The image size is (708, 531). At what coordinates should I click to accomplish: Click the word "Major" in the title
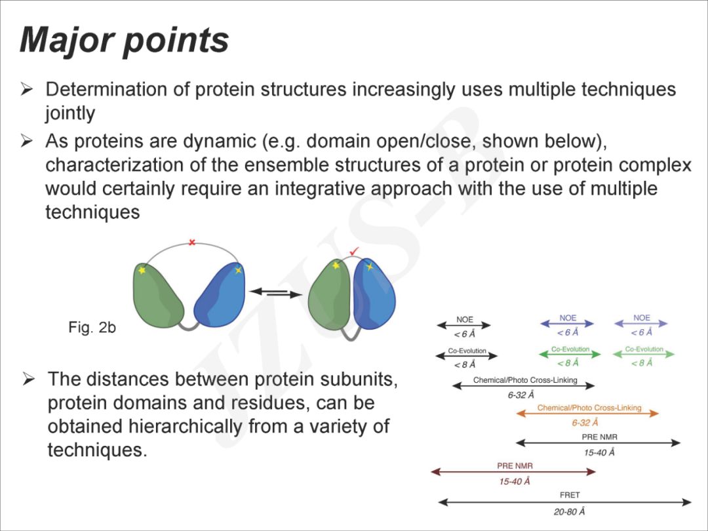click(67, 41)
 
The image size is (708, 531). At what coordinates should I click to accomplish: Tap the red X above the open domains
click(192, 243)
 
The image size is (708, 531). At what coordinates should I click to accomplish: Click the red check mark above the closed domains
click(354, 250)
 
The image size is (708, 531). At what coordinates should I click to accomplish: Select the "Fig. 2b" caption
click(92, 327)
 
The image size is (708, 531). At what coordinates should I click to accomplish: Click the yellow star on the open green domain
click(142, 270)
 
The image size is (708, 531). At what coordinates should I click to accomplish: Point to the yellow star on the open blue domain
click(238, 270)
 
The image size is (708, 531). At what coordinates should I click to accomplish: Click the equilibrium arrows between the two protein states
click(275, 293)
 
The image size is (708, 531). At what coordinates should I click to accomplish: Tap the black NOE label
click(464, 319)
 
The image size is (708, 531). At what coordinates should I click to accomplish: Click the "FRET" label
click(570, 495)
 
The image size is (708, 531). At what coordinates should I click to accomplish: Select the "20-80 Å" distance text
click(569, 511)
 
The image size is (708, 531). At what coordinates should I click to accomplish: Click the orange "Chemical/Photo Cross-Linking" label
click(589, 408)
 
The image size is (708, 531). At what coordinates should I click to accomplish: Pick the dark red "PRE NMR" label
click(515, 465)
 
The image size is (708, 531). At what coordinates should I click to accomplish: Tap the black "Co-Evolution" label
click(467, 350)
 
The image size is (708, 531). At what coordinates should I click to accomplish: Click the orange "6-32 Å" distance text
click(585, 423)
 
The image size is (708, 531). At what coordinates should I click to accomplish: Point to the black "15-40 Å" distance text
click(599, 452)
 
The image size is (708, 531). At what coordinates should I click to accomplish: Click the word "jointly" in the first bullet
click(70, 113)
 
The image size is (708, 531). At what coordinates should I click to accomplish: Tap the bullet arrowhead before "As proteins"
click(26, 141)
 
